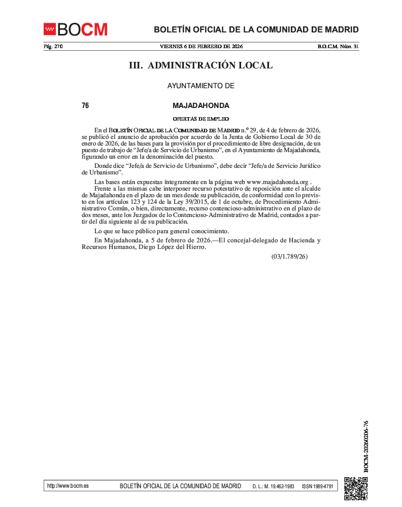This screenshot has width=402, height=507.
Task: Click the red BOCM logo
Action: tap(76, 29)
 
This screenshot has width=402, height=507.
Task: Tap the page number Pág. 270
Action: tap(53, 47)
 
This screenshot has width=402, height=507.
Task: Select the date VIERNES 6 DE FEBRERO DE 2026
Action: tap(201, 47)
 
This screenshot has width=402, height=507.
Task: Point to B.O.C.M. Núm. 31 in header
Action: tap(338, 47)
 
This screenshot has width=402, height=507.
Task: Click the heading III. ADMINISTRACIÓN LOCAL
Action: tap(201, 65)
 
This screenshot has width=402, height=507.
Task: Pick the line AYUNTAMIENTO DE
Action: tap(201, 86)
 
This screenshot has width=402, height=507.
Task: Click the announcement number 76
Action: tap(85, 106)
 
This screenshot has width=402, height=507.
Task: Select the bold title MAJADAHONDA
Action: tap(201, 106)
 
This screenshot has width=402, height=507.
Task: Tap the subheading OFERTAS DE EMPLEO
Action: tap(201, 119)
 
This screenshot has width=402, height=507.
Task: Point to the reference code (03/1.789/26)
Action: tap(289, 257)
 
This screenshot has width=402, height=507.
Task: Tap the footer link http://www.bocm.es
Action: tap(68, 486)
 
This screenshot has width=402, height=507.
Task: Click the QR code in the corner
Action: tap(356, 489)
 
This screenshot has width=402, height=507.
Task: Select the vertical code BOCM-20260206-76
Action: tap(366, 446)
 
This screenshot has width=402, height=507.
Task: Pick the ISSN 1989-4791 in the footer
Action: tap(317, 486)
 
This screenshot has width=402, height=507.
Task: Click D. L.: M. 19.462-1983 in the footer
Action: tap(273, 486)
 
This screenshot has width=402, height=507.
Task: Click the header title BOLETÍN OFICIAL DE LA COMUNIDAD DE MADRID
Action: tap(256, 29)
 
